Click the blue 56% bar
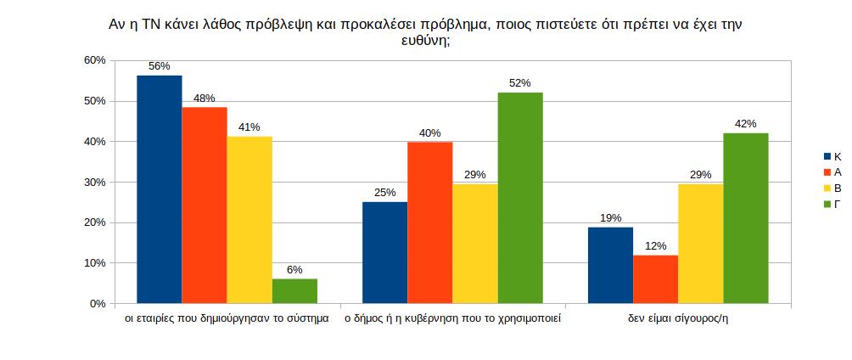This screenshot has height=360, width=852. click(159, 189)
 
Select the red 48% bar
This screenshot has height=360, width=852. click(205, 205)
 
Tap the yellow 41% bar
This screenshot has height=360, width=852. click(249, 220)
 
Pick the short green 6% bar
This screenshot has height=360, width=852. click(294, 291)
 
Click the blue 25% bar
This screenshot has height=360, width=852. click(384, 252)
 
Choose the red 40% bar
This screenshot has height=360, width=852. click(429, 222)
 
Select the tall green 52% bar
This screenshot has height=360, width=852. click(519, 198)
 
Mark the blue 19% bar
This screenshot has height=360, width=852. click(610, 265)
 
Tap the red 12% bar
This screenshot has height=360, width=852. click(655, 279)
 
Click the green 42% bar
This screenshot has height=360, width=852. click(745, 218)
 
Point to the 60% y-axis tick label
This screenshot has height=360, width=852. click(93, 60)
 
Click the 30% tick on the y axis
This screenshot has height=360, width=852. click(93, 182)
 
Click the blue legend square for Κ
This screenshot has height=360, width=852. click(827, 157)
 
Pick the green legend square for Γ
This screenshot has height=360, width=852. click(827, 203)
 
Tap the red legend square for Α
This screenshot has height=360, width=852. click(827, 172)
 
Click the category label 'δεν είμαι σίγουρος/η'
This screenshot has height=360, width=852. click(678, 320)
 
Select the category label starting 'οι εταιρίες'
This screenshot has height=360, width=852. click(226, 320)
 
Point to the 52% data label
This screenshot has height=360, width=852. click(519, 82)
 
